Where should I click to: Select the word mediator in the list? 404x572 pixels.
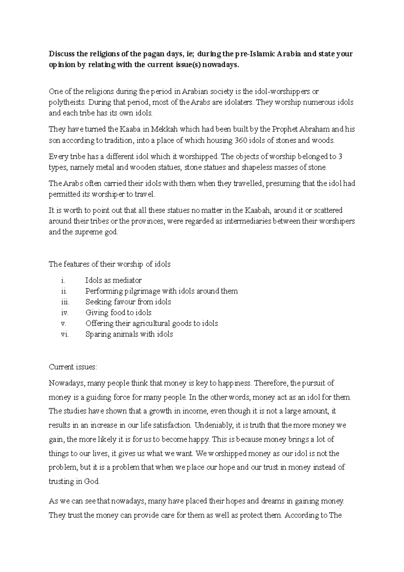pyautogui.click(x=127, y=280)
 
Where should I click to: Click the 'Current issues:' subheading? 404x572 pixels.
pyautogui.click(x=73, y=367)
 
